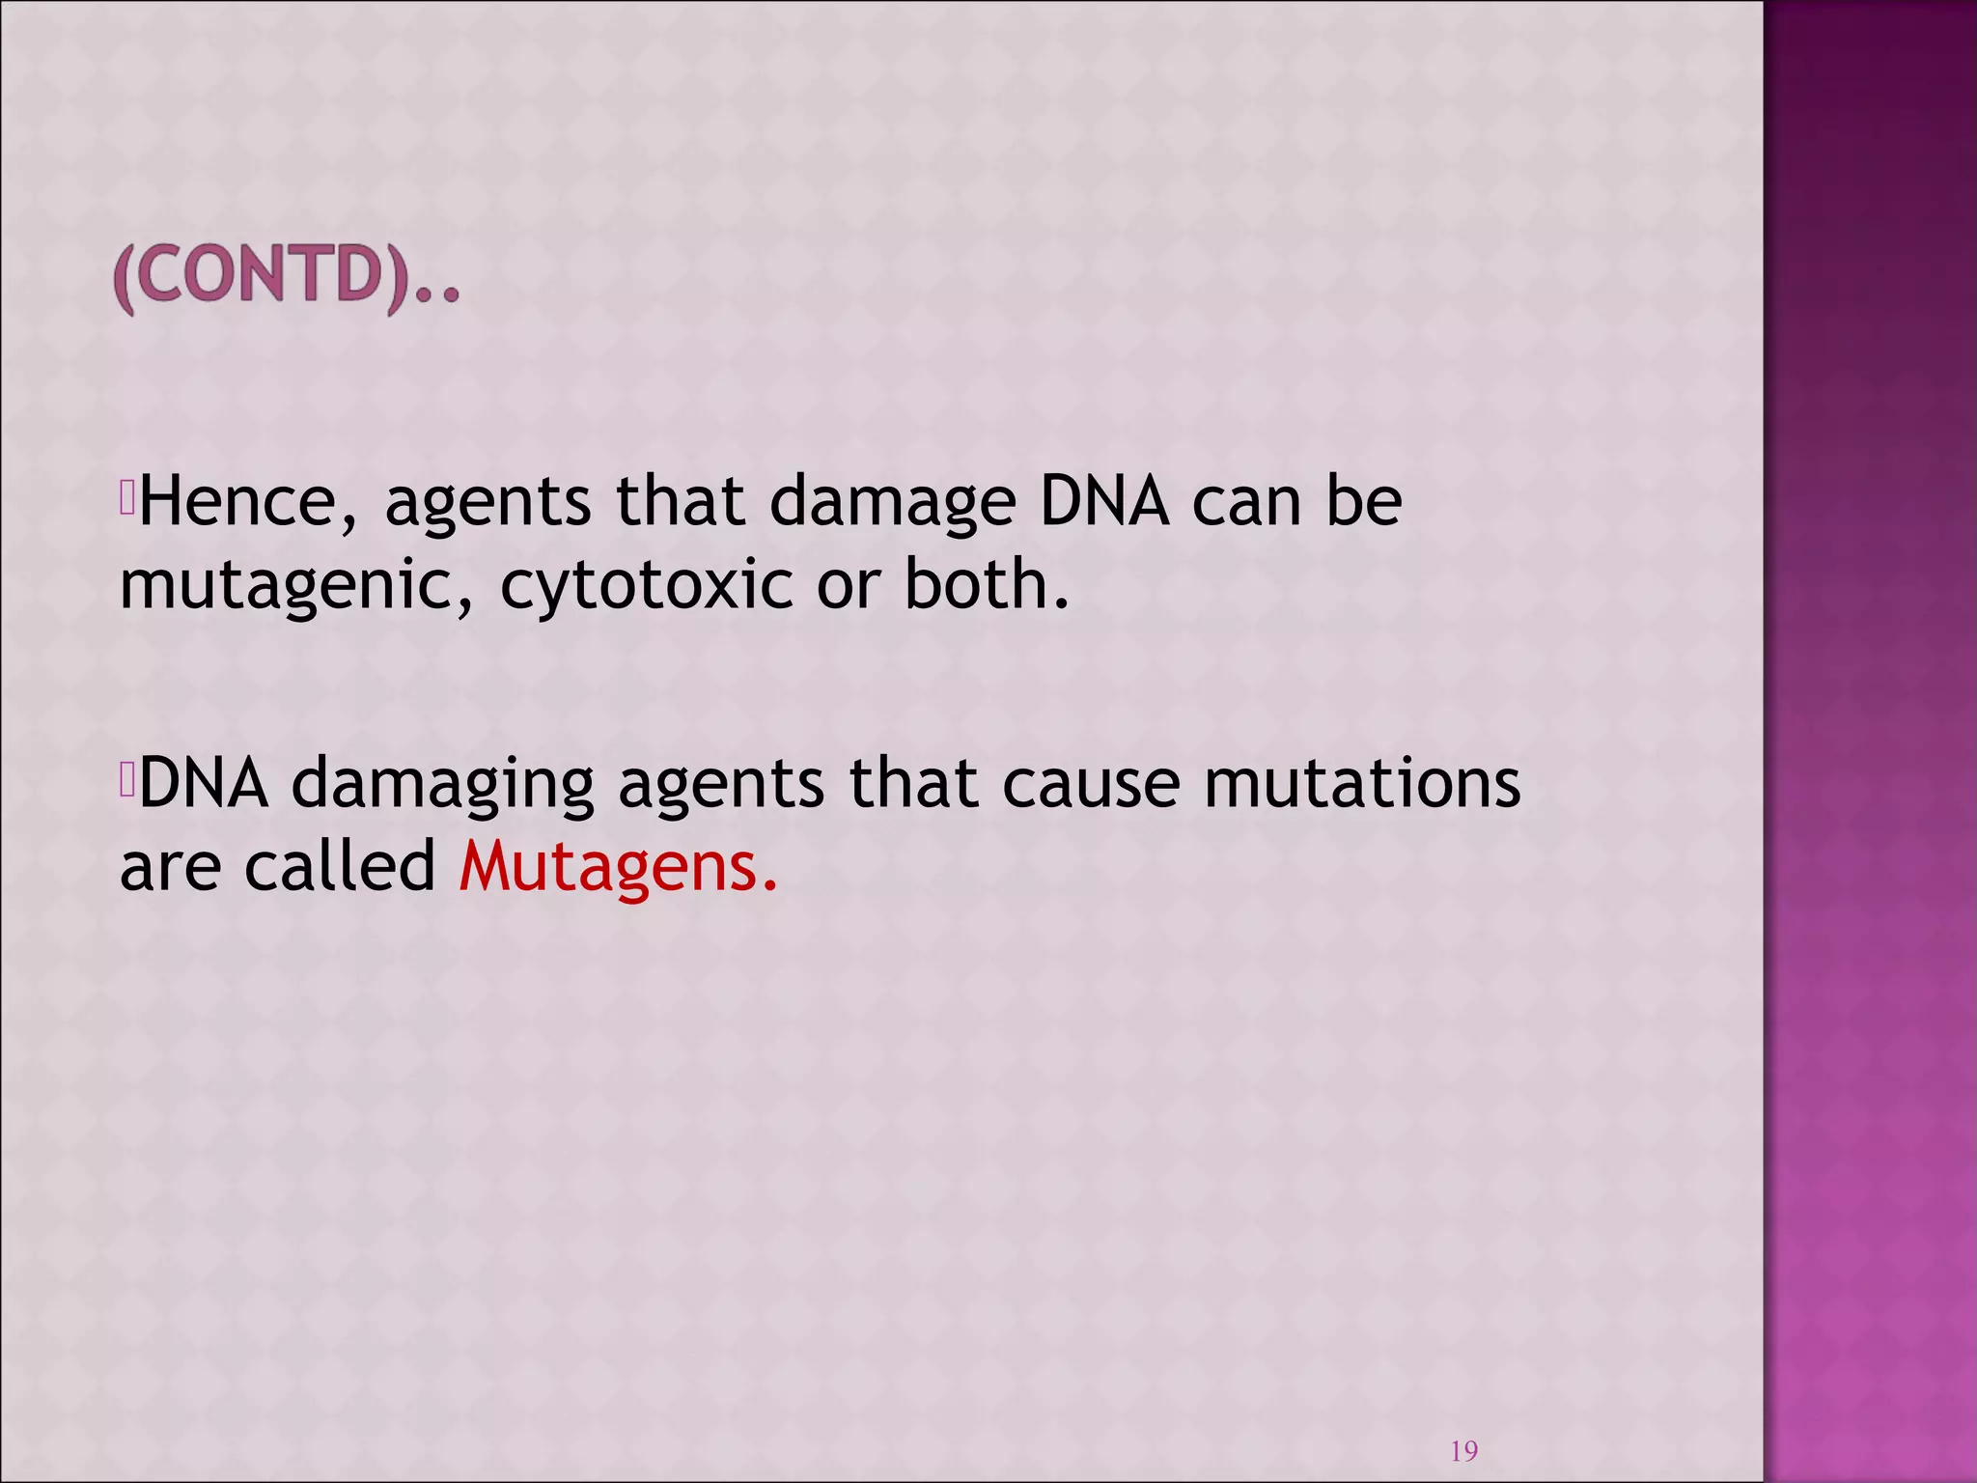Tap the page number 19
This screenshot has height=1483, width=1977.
pos(1463,1450)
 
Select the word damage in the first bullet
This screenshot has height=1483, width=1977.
pos(893,504)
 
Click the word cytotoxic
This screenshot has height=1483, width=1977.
pos(646,587)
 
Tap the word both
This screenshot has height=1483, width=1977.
pos(986,585)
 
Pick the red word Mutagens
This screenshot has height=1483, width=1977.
pos(618,867)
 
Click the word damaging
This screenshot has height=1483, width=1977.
pos(442,784)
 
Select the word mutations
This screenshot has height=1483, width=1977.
pos(1361,782)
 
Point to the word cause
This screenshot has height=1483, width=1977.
pos(1090,784)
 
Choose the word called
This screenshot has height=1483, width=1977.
pos(341,866)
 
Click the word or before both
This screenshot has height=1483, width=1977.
pos(848,587)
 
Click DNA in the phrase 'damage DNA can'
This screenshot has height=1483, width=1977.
pos(1103,502)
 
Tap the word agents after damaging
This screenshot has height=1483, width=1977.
pos(720,784)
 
